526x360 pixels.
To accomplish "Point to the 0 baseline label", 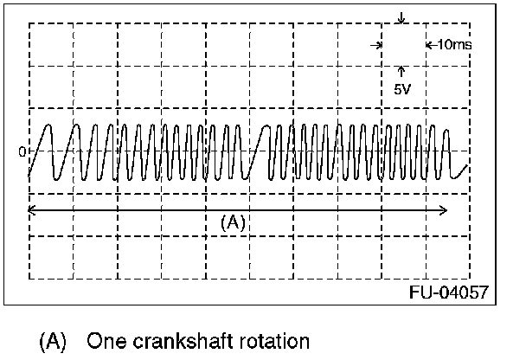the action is tap(22, 151).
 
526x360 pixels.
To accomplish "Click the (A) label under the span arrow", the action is tap(234, 222).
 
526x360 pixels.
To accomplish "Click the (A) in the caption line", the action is tap(53, 341).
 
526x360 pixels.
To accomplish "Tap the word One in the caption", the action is tap(105, 341).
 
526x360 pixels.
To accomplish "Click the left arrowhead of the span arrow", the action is tap(32, 210).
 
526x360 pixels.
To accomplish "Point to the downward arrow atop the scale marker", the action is tap(401, 18).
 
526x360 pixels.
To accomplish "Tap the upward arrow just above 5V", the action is tap(401, 70).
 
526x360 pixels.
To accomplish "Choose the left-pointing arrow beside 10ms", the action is tap(429, 43).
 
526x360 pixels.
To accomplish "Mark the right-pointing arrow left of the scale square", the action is tap(375, 43).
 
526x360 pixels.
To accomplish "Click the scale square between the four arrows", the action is tap(401, 43).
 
